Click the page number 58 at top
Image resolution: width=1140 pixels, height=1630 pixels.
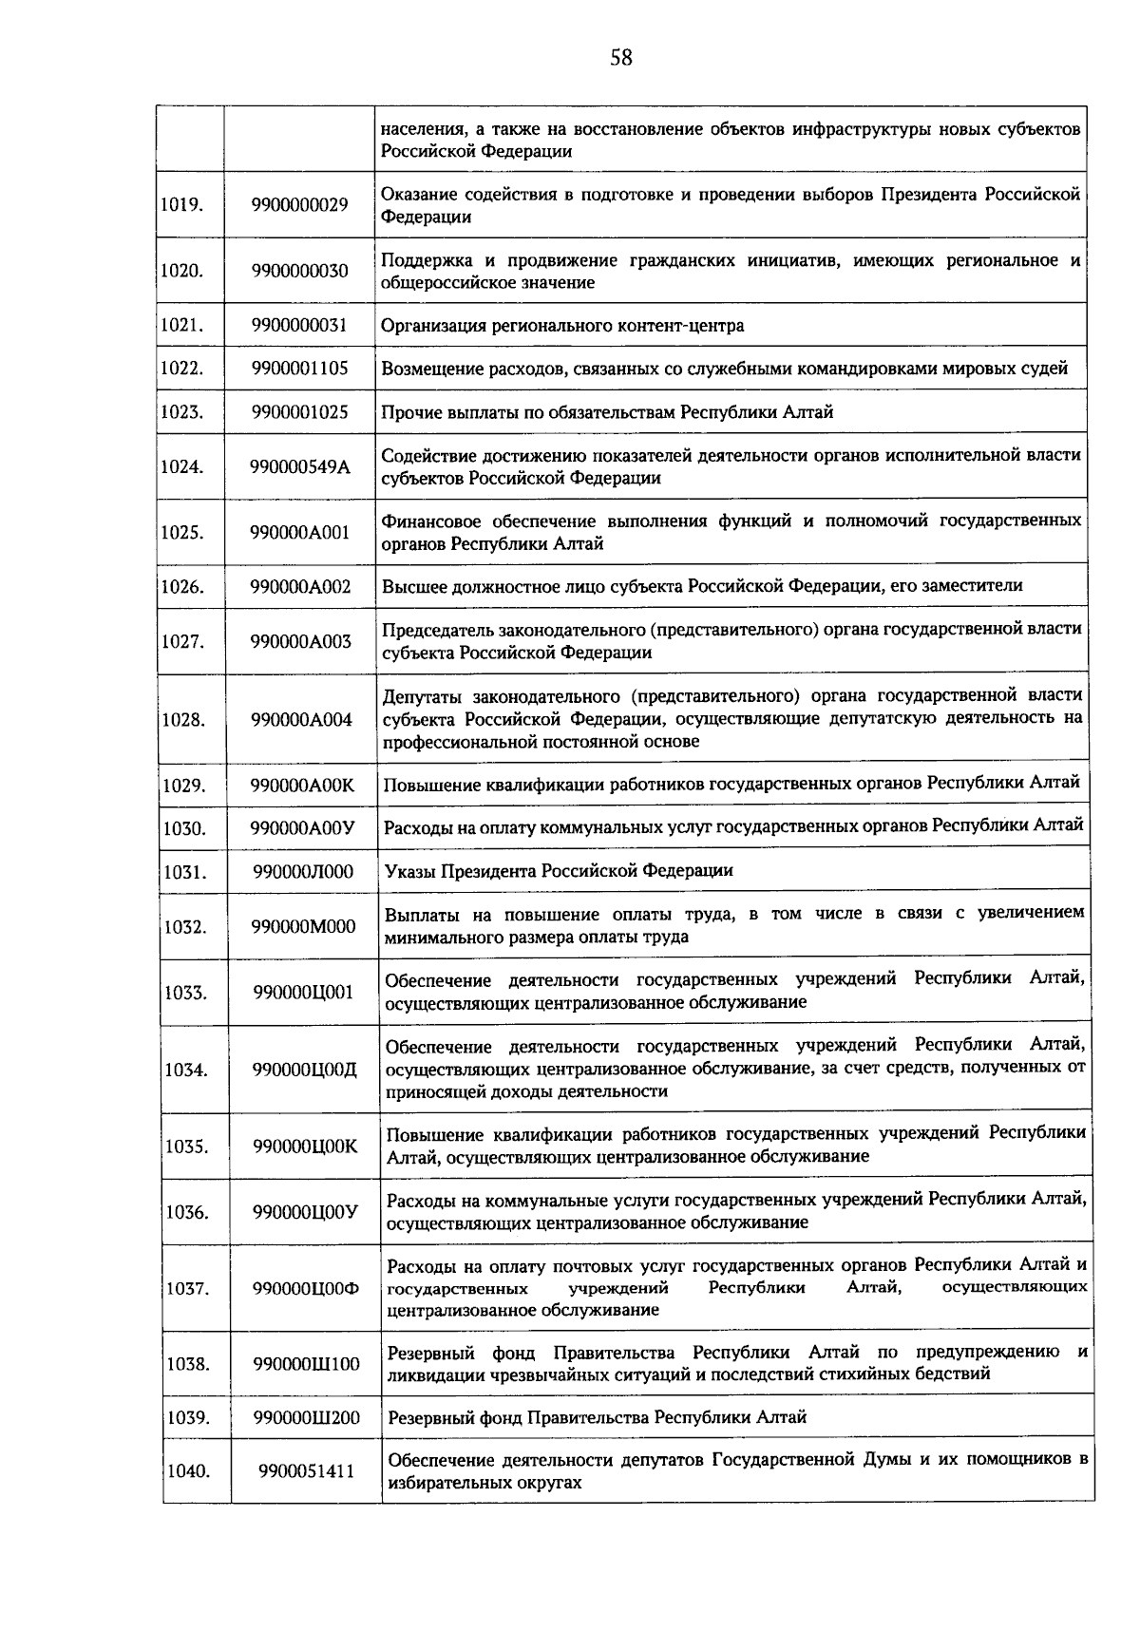click(620, 59)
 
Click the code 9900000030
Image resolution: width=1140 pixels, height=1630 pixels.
click(300, 271)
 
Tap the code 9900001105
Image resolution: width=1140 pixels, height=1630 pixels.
click(300, 369)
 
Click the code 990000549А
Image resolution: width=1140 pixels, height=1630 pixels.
click(300, 466)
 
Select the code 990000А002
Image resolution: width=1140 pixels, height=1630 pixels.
click(300, 587)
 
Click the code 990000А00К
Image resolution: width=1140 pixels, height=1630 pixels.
click(302, 786)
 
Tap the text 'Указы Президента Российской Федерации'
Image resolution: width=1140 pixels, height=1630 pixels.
click(559, 871)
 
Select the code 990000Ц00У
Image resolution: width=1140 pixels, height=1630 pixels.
click(305, 1212)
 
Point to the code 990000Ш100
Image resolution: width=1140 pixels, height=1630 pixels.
click(306, 1364)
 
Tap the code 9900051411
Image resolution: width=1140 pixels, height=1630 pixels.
click(306, 1471)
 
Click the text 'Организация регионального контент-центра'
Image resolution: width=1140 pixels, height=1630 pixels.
click(562, 326)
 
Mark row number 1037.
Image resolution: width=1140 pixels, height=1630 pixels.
click(187, 1289)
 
